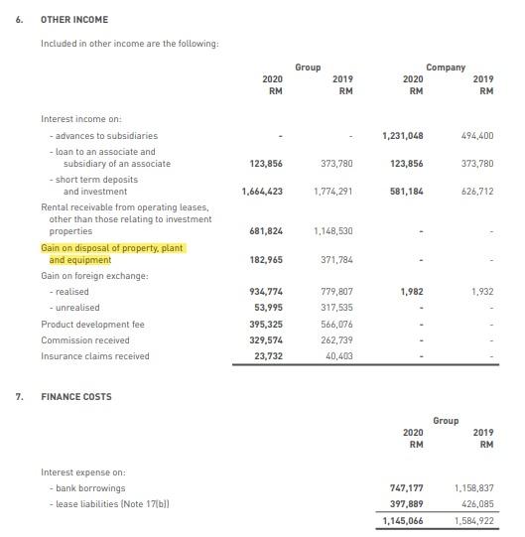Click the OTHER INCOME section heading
coord(74,20)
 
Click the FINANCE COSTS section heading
coord(75,397)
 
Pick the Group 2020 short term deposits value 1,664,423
coord(262,191)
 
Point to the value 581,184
coord(406,191)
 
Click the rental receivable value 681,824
coord(265,231)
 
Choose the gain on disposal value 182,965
coord(265,260)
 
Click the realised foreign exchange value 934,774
coord(265,292)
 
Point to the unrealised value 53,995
coord(268,308)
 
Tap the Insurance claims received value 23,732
coord(268,356)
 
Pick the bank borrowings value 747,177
coord(406,489)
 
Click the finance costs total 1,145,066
coord(403,521)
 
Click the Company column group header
coord(446,67)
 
